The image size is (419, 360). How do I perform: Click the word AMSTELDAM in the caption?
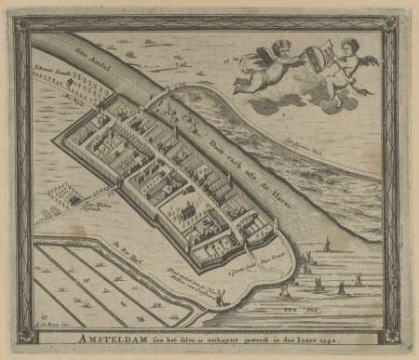(x=117, y=338)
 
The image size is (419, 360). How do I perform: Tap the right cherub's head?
(x=348, y=45)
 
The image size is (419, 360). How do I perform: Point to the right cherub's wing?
(x=371, y=61)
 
